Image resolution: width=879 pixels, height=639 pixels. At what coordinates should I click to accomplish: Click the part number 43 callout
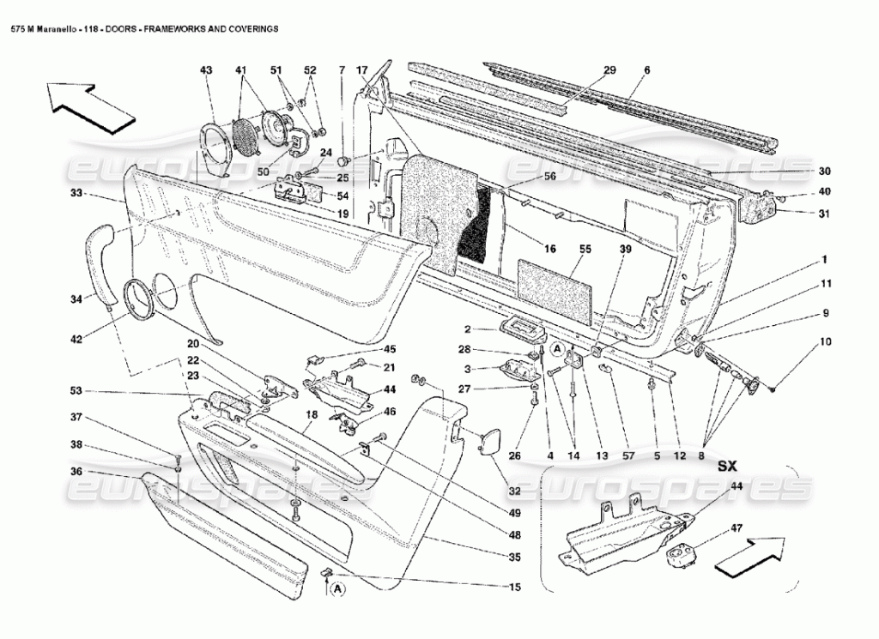coord(206,70)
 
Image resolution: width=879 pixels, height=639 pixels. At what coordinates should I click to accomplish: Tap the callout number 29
coord(609,70)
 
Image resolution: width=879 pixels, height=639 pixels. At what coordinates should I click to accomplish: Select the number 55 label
coord(585,249)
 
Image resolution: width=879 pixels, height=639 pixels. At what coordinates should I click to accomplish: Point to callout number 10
coord(825,342)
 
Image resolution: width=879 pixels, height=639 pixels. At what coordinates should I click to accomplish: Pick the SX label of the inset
coord(728,465)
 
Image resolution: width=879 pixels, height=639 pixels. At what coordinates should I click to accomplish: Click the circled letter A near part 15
coord(336,590)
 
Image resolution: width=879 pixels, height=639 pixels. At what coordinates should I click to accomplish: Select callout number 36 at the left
coord(76,472)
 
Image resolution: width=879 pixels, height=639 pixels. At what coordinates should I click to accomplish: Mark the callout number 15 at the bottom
coord(514,587)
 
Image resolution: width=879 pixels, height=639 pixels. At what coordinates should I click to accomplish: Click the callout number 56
coord(550,176)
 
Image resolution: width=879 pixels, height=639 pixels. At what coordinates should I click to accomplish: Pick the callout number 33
coord(76,193)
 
